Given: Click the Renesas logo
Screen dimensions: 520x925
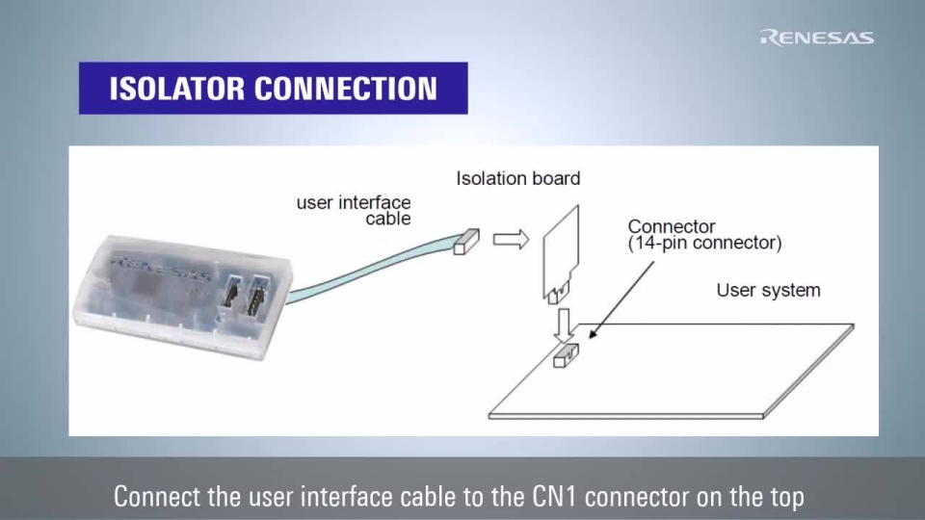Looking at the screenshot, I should click(x=817, y=38).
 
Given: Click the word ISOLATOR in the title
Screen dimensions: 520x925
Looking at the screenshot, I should click(x=176, y=89).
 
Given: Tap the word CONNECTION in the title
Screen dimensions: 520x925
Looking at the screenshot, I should click(x=346, y=89).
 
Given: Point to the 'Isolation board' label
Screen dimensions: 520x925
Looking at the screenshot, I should click(x=517, y=178).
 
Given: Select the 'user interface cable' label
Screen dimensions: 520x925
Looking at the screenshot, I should click(x=354, y=210).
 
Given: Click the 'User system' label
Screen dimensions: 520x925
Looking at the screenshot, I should click(x=768, y=290).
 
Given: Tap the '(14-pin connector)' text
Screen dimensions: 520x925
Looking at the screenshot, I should click(x=704, y=244).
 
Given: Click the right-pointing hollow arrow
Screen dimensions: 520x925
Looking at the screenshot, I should click(x=511, y=239).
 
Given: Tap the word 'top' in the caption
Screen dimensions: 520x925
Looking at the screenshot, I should click(x=783, y=497).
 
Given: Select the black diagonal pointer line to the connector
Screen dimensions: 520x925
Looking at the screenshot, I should click(x=621, y=299).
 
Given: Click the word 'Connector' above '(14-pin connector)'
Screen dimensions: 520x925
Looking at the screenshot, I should click(x=672, y=226).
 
